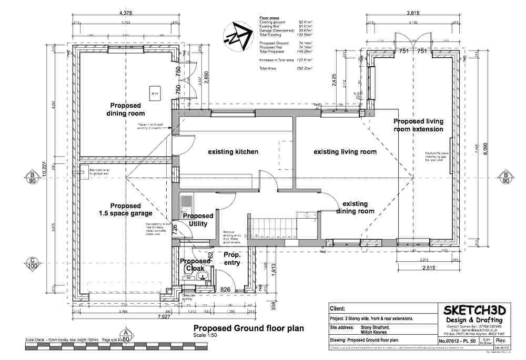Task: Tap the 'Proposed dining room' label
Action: point(126,109)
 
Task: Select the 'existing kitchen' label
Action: point(233,152)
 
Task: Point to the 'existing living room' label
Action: point(345,152)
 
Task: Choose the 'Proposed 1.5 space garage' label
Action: point(126,209)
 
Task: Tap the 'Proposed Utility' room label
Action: point(198,220)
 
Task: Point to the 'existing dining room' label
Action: point(359,207)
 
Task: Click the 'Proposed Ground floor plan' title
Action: point(249,329)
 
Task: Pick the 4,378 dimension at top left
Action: point(126,12)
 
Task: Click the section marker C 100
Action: point(32,263)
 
